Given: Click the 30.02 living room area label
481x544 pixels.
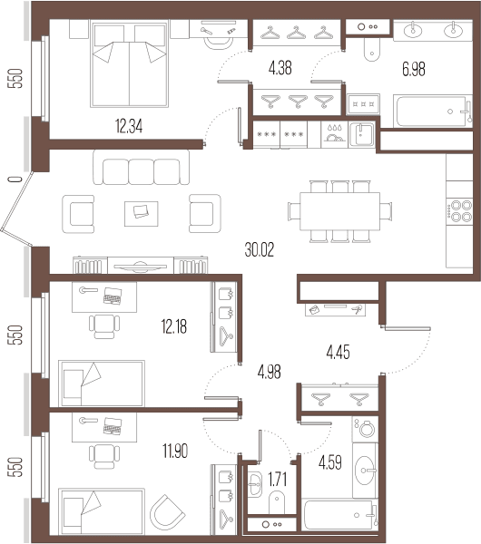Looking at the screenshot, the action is pos(259,249).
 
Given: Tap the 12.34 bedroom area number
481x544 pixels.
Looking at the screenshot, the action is pos(129,126).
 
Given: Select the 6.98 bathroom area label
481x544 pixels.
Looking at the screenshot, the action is pos(413,69).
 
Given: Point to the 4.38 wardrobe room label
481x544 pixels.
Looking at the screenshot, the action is pos(280,68).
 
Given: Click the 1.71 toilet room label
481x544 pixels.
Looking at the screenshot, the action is pos(278,480).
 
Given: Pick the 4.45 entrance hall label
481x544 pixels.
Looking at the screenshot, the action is pos(338,352).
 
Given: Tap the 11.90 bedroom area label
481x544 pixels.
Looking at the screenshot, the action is pos(175,451).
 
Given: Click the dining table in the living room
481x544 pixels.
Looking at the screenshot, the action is pos(339,211).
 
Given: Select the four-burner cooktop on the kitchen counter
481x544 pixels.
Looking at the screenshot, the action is pos(459,211).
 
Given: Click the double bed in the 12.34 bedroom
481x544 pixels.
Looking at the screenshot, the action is pos(129,63).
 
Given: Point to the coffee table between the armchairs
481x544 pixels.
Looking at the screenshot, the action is pos(142,214).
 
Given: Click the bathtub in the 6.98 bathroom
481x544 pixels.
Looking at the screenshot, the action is pos(433,112).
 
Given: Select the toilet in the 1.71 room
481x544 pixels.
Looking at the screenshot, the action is pos(277,502).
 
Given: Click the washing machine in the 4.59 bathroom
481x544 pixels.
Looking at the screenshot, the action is pos(365,429).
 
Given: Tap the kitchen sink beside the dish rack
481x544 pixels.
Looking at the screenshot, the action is pos(361,134).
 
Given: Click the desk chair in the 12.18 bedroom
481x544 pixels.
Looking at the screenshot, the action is pos(104,326).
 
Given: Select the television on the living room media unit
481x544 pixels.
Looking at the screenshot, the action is pos(141,267).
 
